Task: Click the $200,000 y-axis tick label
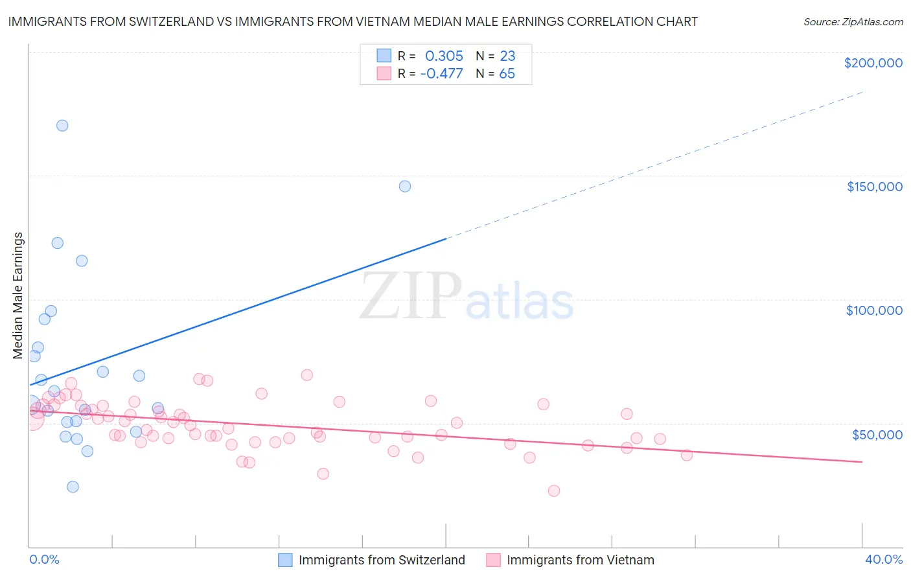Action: [x=873, y=63]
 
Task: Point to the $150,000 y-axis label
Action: [x=874, y=187]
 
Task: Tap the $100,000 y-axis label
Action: [x=874, y=310]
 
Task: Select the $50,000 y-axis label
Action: [x=877, y=434]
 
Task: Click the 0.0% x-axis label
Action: [x=44, y=559]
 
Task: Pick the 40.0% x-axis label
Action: [x=883, y=559]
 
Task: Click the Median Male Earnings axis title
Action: [x=18, y=295]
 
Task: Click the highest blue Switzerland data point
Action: [x=62, y=126]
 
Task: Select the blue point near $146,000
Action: [x=405, y=187]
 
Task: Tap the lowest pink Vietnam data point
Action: [x=554, y=491]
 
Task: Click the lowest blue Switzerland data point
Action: [x=73, y=487]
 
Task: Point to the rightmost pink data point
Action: [x=687, y=455]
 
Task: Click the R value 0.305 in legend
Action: [x=444, y=56]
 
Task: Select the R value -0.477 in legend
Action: [x=441, y=74]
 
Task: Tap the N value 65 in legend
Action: [x=507, y=74]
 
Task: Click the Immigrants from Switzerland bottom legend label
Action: [x=382, y=560]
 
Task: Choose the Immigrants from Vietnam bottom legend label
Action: [x=580, y=560]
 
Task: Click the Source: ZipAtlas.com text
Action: [x=853, y=22]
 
